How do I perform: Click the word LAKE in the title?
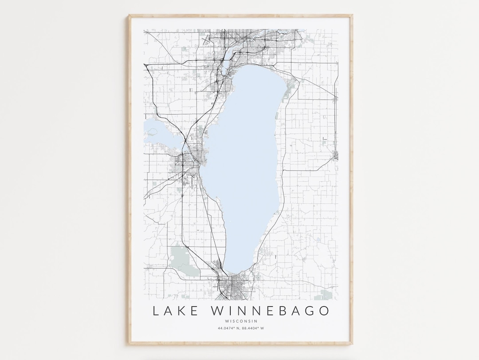coord(176,311)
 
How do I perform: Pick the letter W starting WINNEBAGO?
coord(213,311)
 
